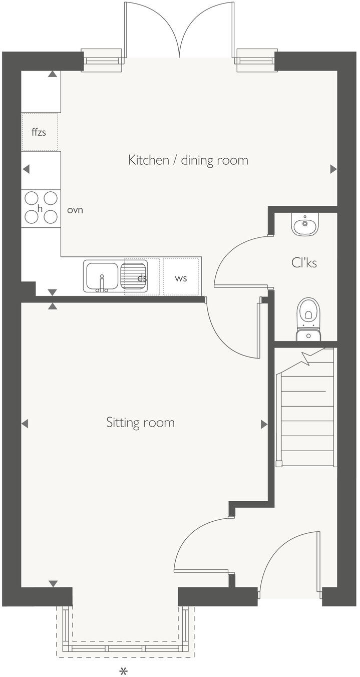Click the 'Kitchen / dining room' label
tap(188, 160)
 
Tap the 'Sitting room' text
tap(140, 423)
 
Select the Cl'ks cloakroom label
tap(304, 262)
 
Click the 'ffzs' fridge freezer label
tap(39, 133)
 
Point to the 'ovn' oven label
tap(75, 210)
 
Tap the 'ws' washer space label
tap(181, 278)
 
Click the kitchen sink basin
tap(102, 276)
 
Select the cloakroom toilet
tap(308, 315)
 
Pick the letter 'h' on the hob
tap(40, 208)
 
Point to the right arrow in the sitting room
tap(264, 425)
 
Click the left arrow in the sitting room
tap(25, 424)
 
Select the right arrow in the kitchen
tap(333, 169)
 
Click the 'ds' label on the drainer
tap(142, 278)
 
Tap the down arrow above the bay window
tap(53, 584)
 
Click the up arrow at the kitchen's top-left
tap(52, 74)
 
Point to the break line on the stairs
tap(306, 357)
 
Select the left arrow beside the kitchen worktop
tap(26, 169)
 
